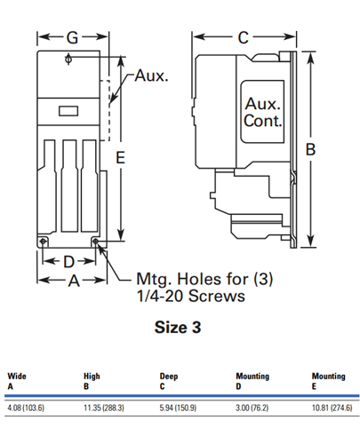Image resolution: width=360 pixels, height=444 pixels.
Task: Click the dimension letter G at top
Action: tap(72, 37)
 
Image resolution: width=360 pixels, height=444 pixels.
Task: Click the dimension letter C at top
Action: tap(244, 37)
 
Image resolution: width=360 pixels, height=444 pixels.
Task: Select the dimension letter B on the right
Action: tap(310, 149)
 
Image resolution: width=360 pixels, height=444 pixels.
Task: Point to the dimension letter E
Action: tap(120, 157)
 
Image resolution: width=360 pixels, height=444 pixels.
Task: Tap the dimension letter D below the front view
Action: tap(68, 262)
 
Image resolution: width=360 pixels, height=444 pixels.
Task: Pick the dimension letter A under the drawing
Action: tap(74, 281)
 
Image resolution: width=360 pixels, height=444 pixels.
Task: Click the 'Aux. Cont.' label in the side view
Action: tap(262, 112)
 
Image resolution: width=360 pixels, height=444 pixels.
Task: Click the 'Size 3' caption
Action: tap(178, 327)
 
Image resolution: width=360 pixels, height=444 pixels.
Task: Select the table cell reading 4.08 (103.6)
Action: tap(26, 408)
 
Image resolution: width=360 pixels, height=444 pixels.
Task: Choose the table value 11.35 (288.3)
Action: tap(104, 408)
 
